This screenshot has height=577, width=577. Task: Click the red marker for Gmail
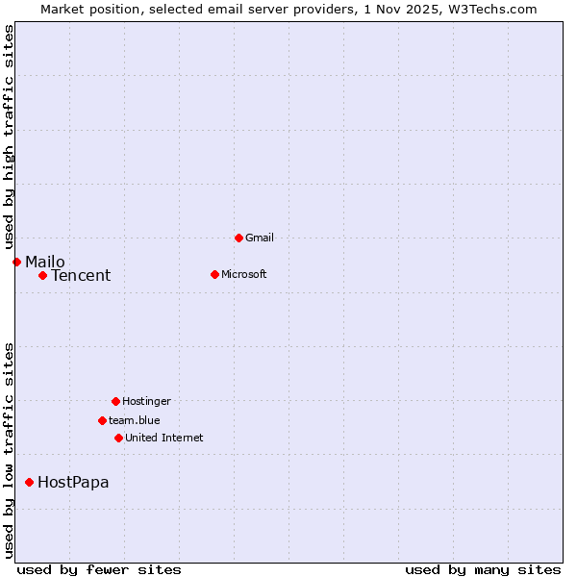click(x=238, y=238)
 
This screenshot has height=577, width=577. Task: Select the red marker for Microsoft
click(x=214, y=274)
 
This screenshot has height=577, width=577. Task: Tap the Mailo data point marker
click(x=16, y=262)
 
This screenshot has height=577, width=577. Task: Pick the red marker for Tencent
click(x=42, y=275)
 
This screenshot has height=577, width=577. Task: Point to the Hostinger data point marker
click(x=115, y=401)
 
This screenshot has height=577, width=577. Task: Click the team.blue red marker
click(x=102, y=420)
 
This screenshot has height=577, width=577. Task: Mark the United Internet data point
click(x=118, y=438)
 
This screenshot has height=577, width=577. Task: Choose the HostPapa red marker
click(x=29, y=482)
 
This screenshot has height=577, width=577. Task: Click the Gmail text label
click(x=260, y=238)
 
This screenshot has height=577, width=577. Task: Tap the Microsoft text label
click(x=244, y=274)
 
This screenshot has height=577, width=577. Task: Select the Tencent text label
click(x=81, y=276)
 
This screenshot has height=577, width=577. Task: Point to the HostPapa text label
click(x=73, y=483)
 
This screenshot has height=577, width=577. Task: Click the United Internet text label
click(x=164, y=438)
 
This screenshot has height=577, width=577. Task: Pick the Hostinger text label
click(x=146, y=401)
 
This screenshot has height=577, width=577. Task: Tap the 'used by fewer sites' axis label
click(x=99, y=569)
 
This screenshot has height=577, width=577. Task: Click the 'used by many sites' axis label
click(x=483, y=569)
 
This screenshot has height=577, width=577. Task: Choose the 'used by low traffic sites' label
click(x=9, y=449)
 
